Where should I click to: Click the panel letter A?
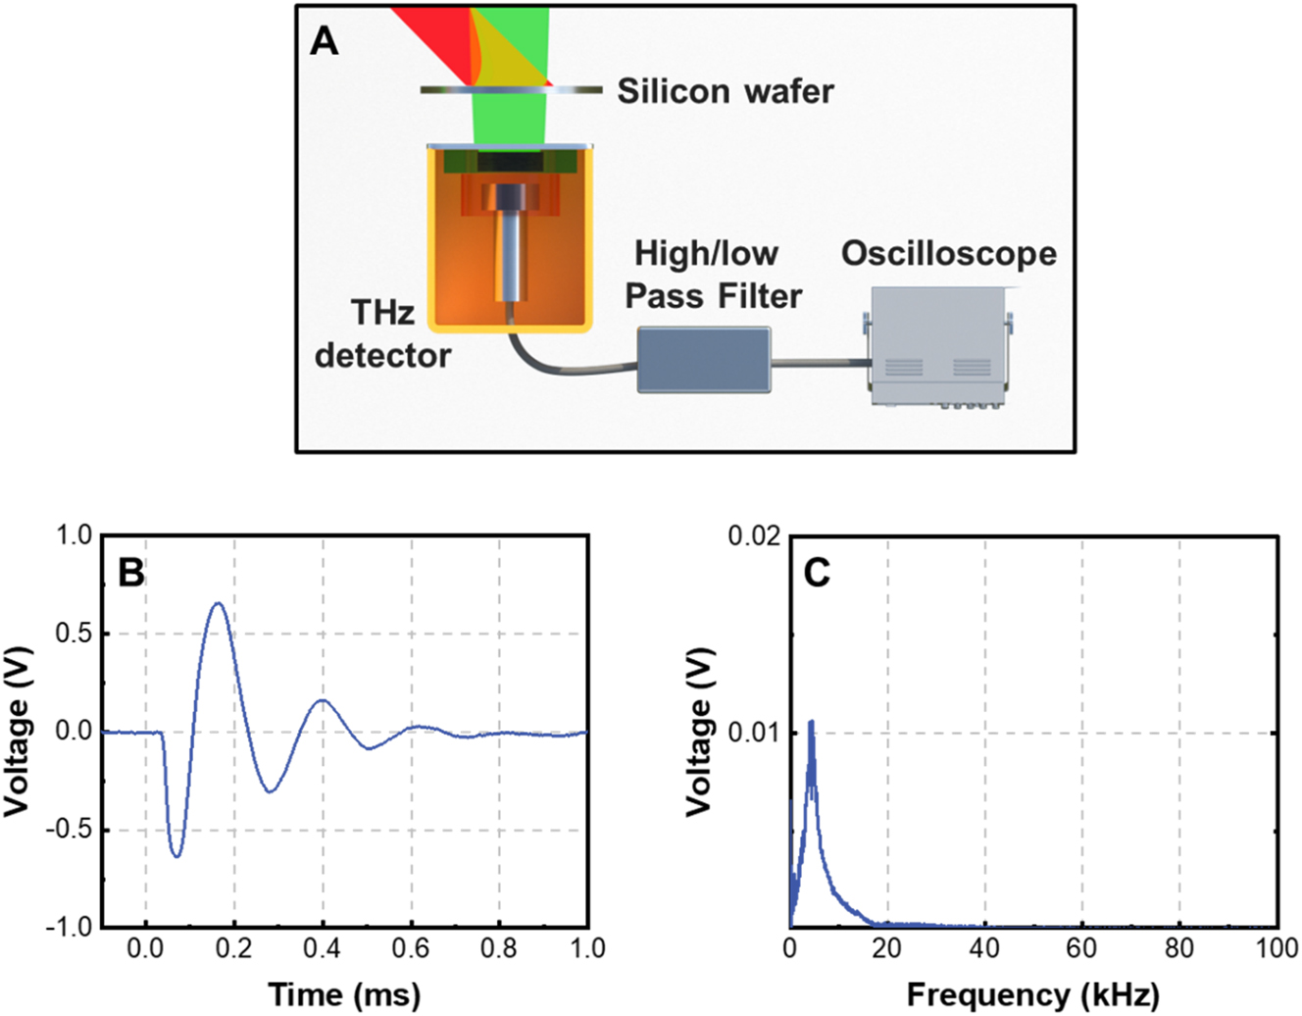[325, 41]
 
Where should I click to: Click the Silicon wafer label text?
[725, 91]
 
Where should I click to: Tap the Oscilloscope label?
[948, 253]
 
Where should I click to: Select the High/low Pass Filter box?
[704, 360]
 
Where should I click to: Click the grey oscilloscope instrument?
[938, 345]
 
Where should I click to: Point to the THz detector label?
[382, 333]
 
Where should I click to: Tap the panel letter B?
[130, 572]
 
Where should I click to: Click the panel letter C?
[817, 572]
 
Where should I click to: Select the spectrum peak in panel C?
[811, 723]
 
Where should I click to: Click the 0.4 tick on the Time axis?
[322, 948]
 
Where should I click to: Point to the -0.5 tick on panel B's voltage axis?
[68, 830]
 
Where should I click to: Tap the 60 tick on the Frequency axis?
[1082, 948]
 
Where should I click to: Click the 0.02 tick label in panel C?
[754, 536]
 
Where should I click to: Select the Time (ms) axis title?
[344, 994]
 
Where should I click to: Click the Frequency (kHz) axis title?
[1032, 994]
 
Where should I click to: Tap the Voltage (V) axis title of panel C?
[698, 732]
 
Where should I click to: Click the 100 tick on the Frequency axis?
[1277, 948]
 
